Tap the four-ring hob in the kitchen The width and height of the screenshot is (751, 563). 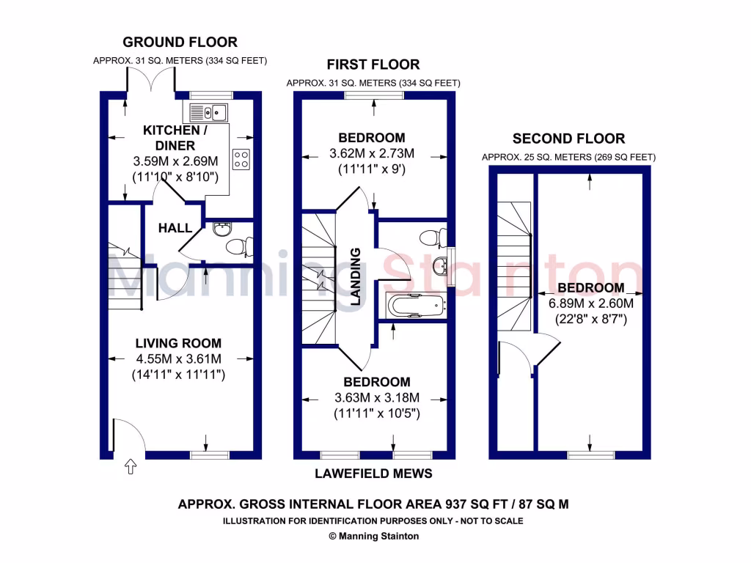click(x=241, y=159)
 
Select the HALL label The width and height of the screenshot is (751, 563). click(x=175, y=228)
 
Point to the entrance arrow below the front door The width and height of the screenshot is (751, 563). click(x=131, y=466)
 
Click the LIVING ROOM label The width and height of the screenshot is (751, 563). click(x=178, y=343)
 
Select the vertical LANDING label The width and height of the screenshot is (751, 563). click(x=356, y=276)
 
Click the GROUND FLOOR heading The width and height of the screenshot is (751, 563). click(x=180, y=43)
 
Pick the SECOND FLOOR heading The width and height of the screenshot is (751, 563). click(x=568, y=139)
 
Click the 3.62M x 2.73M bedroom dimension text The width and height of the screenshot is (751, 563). click(x=372, y=154)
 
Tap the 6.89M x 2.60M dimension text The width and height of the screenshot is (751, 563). click(x=590, y=303)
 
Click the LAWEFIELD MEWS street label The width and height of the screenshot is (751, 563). click(x=373, y=474)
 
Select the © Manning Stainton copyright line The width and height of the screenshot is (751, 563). click(x=374, y=536)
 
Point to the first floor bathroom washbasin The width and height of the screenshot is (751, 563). click(x=439, y=264)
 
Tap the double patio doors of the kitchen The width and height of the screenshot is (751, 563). click(x=151, y=81)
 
